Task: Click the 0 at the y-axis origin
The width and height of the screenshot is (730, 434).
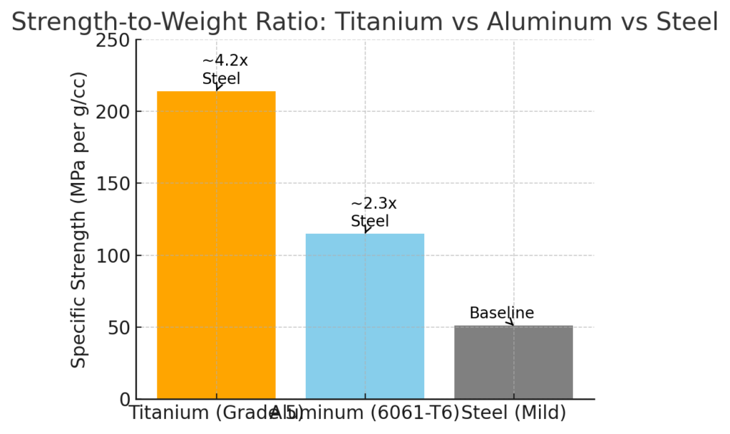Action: click(x=123, y=399)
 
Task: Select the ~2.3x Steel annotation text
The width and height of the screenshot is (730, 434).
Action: click(x=374, y=212)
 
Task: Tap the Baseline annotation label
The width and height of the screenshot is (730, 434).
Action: click(x=501, y=314)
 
